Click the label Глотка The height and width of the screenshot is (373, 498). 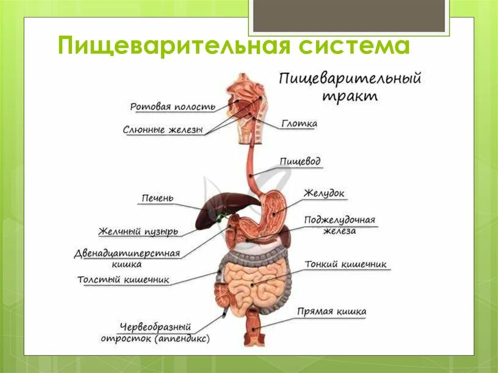299,124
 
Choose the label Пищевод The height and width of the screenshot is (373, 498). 300,161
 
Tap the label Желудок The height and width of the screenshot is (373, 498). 324,193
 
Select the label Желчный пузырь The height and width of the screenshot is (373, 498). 138,231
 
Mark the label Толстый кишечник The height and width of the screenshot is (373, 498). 123,280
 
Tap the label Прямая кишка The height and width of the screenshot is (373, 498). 332,312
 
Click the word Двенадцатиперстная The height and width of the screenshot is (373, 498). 127,254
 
